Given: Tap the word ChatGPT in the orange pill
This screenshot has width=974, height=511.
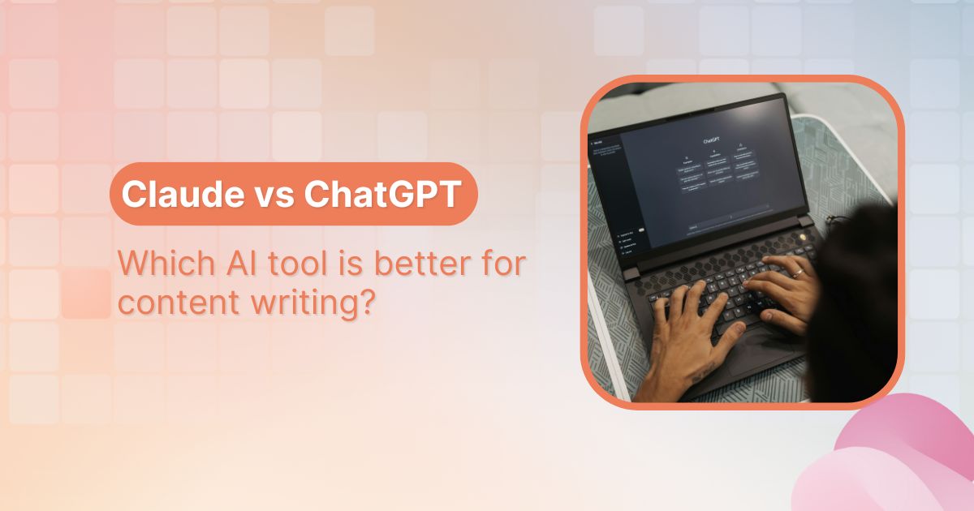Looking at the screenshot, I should point(383,194).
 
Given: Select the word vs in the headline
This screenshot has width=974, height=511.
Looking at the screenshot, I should point(274,195).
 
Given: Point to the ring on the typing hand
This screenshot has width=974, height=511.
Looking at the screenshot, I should point(798,273).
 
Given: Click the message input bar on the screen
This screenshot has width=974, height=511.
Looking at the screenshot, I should point(728,217).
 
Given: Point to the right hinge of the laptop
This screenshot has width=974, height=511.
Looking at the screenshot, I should point(804,221).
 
